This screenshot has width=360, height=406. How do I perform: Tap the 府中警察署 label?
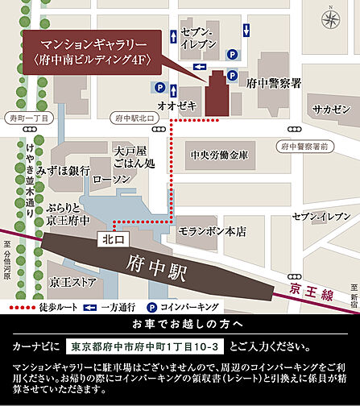(274, 83)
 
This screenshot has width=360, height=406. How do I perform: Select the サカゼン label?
(332, 110)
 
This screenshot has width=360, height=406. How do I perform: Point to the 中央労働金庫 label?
(220, 155)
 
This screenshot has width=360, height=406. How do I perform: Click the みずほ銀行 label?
(68, 172)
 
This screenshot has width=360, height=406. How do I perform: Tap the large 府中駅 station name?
(158, 263)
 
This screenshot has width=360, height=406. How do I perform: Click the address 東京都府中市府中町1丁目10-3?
(146, 347)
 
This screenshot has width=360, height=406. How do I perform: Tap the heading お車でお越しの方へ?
(180, 325)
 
